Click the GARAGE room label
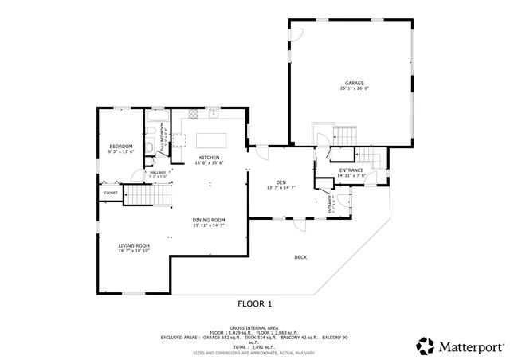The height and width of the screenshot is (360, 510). coord(355,83)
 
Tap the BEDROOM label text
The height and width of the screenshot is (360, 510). coord(120,147)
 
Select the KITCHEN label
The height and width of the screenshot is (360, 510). coord(209,158)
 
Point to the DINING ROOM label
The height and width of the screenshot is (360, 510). coord(209,220)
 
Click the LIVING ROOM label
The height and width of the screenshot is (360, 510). coord(134,245)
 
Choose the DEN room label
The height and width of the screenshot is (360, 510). coord(280,182)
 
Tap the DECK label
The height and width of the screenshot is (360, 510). coord(300,256)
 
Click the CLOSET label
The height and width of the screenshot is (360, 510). coord(110,193)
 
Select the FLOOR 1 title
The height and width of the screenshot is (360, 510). coord(255,303)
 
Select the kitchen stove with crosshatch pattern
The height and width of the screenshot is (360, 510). coord(179,140)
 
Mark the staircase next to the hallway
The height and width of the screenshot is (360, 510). coord(146,194)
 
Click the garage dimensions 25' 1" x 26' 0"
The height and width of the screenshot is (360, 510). coord(355,88)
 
